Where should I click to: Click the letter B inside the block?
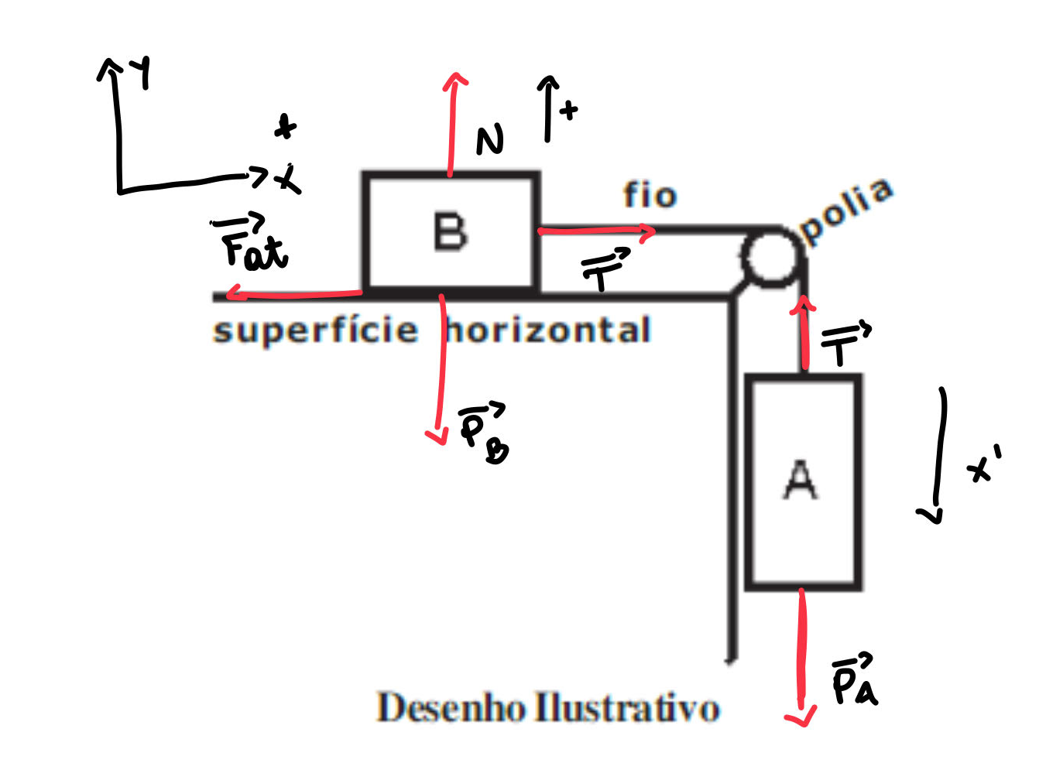coord(451,231)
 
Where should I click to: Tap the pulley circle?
coord(771,258)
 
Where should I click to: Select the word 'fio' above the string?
coord(650,195)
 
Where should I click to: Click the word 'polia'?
coord(846,210)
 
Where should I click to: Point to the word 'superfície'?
coord(315,330)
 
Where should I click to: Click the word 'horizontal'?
coord(548,330)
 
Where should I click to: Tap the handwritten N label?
coord(489,141)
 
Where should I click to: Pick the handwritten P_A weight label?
coord(854,680)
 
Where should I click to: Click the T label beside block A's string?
coord(845,343)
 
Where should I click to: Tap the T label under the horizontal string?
coord(605,269)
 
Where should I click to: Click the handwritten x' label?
coord(983,464)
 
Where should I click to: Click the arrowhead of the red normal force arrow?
coord(455,79)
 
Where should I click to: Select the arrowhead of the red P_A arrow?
coord(801,718)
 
